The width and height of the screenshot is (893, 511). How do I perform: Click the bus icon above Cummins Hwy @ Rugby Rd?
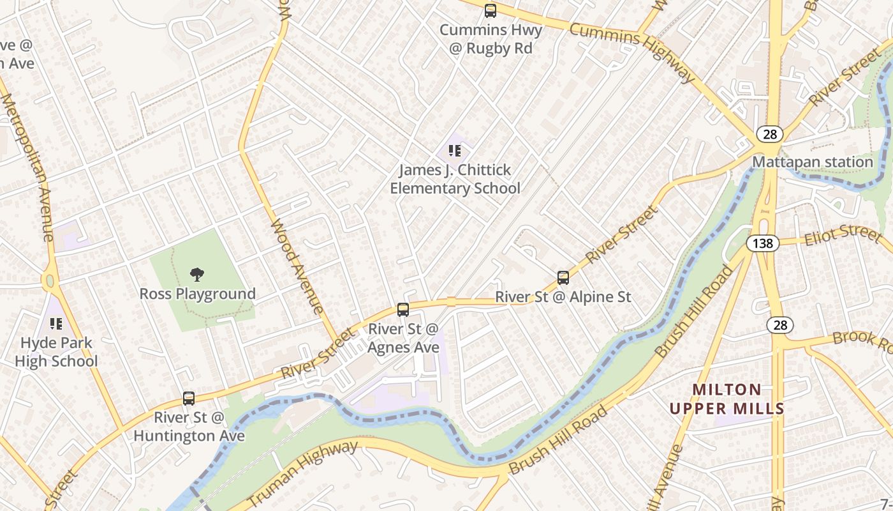(x=490, y=11)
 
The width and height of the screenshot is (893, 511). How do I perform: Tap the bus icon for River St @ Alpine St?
(x=563, y=278)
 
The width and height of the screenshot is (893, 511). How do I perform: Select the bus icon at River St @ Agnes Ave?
(x=403, y=310)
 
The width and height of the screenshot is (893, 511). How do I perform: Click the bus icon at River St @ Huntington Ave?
(x=189, y=399)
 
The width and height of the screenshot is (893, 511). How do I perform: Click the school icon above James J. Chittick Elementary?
(x=455, y=151)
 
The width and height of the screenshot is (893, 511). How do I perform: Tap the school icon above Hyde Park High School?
(x=56, y=324)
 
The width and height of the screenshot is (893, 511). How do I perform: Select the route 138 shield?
(x=762, y=243)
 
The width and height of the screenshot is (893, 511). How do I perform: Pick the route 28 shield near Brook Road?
(x=780, y=324)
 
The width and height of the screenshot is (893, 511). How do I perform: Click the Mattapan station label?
(x=812, y=162)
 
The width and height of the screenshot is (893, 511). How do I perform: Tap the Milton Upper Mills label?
(x=727, y=399)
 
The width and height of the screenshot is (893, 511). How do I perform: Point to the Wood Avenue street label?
(x=297, y=267)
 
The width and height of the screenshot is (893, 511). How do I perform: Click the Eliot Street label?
(x=843, y=234)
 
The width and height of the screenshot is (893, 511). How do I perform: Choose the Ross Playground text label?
(x=198, y=294)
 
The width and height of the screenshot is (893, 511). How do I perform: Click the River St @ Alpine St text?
(x=563, y=297)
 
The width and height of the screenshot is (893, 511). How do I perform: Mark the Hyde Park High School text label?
(x=56, y=352)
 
